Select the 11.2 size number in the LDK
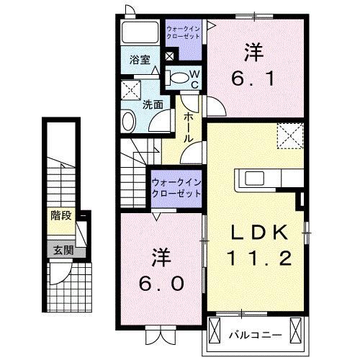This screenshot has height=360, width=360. pos(260,257)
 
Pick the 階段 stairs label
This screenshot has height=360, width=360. pos(60,215)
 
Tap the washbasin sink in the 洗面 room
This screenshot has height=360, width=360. pos(127,121)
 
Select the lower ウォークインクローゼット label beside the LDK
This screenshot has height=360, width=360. pos(176,189)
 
